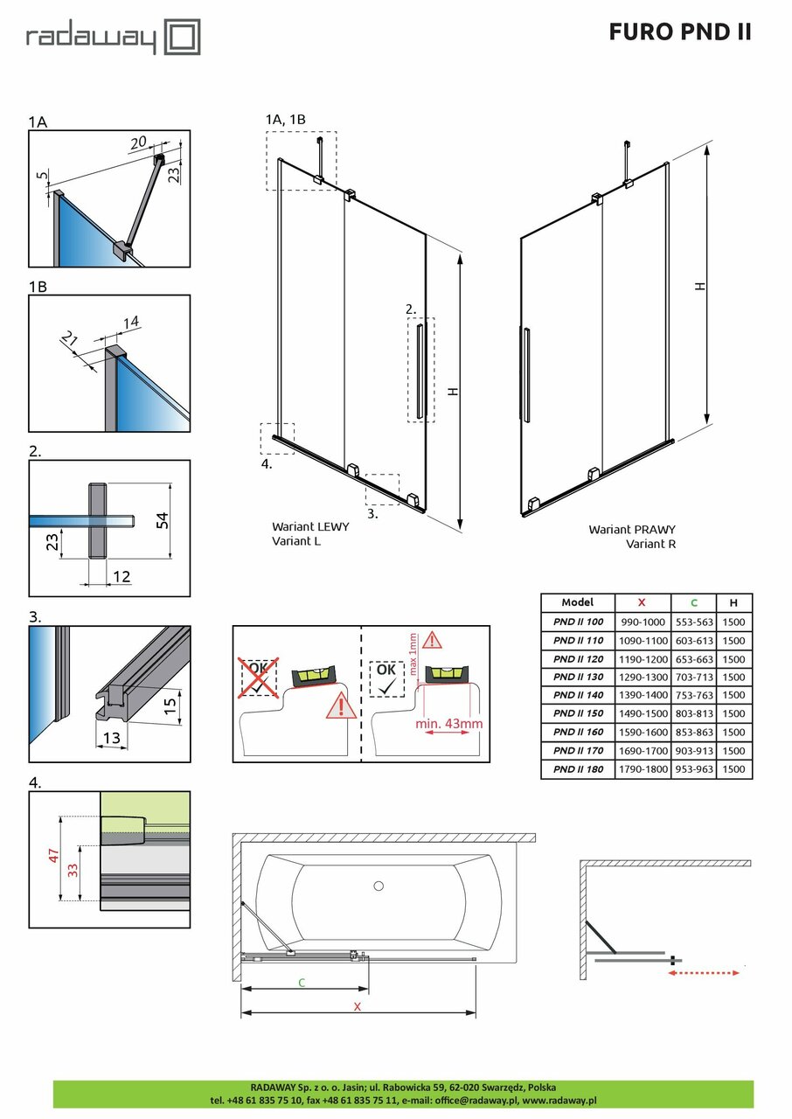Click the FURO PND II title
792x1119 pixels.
point(679,32)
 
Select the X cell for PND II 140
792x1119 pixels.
point(643,696)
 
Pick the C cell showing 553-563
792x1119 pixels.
point(694,622)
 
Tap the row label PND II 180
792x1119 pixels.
point(577,769)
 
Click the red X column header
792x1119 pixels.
point(643,602)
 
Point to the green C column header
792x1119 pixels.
point(694,602)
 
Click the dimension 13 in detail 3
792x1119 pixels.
point(111,739)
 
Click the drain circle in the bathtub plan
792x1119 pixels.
point(379,886)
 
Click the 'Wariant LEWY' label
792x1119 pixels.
point(310,527)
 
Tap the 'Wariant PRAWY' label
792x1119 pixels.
point(631,530)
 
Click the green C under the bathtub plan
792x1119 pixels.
point(302,983)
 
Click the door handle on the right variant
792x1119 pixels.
point(525,374)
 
